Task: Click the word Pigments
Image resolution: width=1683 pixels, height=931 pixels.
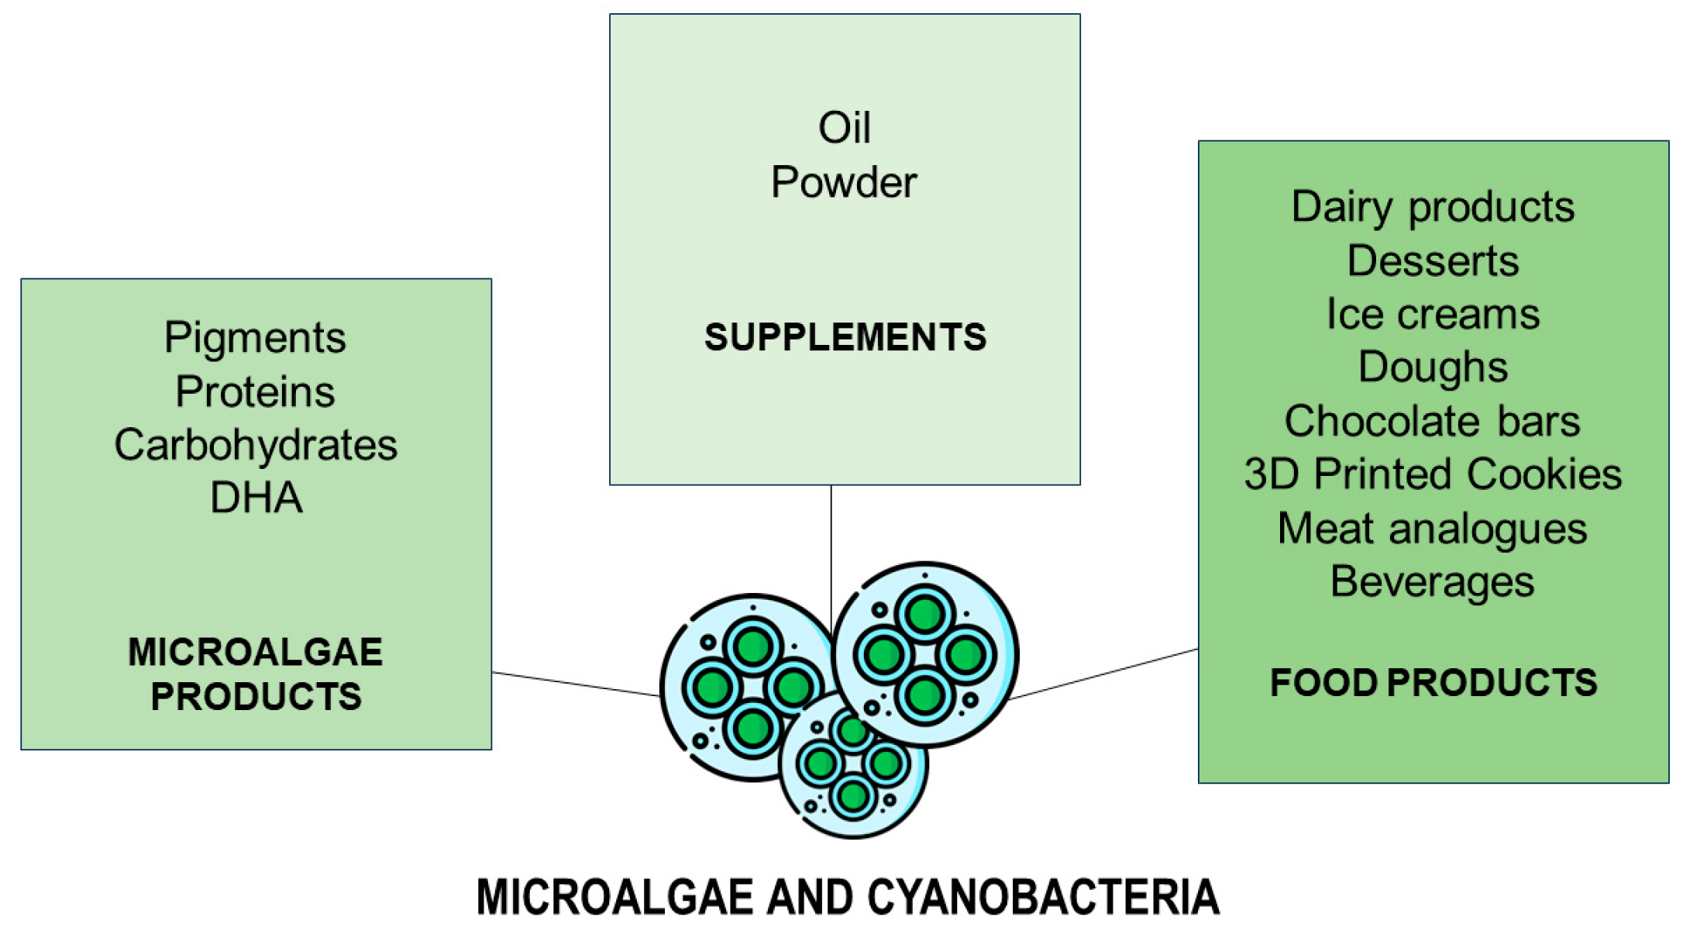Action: (x=255, y=339)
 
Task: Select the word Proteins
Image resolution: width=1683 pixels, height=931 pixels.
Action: (x=255, y=391)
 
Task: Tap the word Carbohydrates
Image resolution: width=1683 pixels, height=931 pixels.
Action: (x=255, y=445)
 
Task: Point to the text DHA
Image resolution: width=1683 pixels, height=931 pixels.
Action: (x=255, y=498)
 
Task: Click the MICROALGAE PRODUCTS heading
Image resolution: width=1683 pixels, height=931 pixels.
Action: (x=255, y=674)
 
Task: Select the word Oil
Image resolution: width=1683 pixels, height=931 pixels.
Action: (x=844, y=128)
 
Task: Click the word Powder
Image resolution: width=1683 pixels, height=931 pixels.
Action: (x=844, y=183)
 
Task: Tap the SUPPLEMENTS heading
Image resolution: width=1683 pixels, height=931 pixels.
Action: (x=845, y=337)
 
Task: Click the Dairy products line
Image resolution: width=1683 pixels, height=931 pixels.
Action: (x=1432, y=208)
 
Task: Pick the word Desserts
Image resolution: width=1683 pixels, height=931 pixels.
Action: (x=1432, y=261)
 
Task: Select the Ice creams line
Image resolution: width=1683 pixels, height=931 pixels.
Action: (x=1432, y=314)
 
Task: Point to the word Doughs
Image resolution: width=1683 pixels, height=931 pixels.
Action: (x=1432, y=367)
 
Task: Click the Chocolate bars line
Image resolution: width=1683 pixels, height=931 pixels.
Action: (x=1432, y=421)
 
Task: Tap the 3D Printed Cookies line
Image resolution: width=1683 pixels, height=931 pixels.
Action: (x=1432, y=474)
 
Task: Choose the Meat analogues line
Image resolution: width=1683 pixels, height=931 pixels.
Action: (x=1432, y=529)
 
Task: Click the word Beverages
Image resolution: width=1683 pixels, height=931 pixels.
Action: (x=1432, y=582)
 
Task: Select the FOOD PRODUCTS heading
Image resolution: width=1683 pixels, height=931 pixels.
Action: (x=1433, y=683)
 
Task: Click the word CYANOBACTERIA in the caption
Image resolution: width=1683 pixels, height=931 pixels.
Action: (x=1042, y=898)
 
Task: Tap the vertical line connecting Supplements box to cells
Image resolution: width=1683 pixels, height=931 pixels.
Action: (x=831, y=543)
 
